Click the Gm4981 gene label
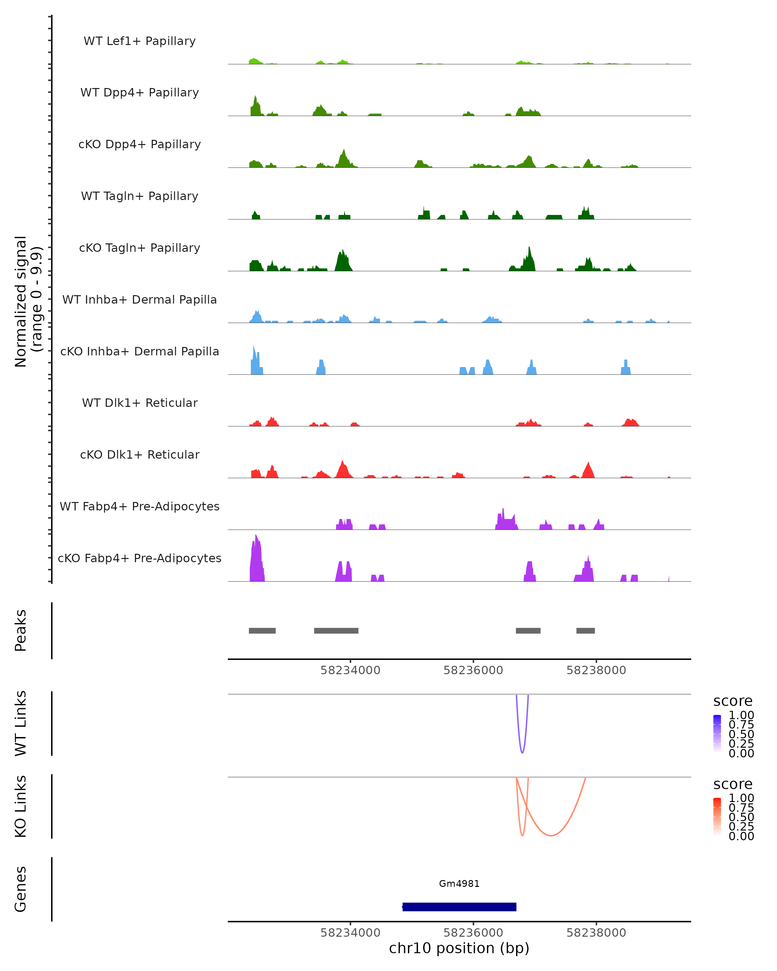(x=459, y=884)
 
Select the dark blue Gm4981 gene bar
(x=459, y=907)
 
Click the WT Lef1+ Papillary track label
(x=140, y=41)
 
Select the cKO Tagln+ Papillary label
(x=140, y=248)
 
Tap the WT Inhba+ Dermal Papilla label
(x=140, y=299)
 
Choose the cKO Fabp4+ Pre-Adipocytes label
(x=140, y=558)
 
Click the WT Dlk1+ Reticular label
(x=140, y=403)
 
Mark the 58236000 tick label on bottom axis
(x=473, y=932)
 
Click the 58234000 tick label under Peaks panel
(x=350, y=670)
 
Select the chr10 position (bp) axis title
(x=459, y=948)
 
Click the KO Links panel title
(x=21, y=806)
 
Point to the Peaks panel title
(x=21, y=631)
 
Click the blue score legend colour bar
(x=717, y=734)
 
